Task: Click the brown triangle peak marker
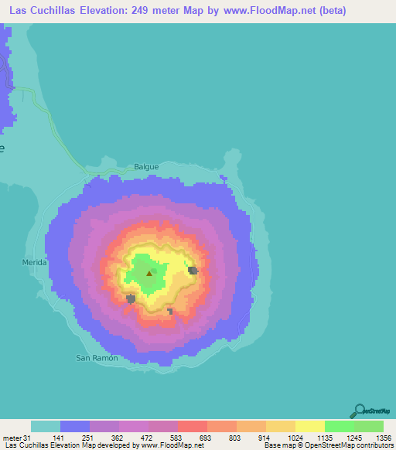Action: (149, 273)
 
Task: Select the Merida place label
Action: (34, 263)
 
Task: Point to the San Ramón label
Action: (97, 358)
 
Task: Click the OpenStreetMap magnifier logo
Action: (360, 410)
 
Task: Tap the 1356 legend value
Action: (383, 438)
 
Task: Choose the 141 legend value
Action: (61, 438)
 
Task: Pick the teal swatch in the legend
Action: (46, 426)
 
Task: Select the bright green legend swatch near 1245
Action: (339, 426)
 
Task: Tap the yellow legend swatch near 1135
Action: (309, 426)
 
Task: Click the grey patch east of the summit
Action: (193, 271)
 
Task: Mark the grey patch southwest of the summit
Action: (131, 298)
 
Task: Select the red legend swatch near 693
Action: (192, 426)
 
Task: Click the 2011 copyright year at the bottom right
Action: (384, 446)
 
